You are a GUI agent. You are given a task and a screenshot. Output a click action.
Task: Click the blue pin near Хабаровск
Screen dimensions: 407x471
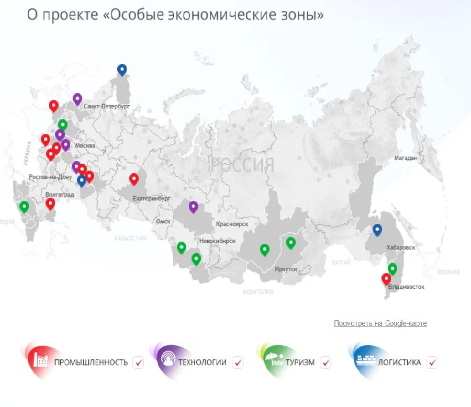[377, 230]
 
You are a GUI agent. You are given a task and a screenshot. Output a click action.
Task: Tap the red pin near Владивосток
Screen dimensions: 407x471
[386, 279]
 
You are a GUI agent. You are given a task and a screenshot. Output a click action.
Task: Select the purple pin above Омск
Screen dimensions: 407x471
[193, 206]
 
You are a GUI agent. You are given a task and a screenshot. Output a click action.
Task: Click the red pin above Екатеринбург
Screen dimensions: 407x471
[134, 179]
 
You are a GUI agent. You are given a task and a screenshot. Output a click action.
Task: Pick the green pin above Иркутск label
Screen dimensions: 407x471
[290, 243]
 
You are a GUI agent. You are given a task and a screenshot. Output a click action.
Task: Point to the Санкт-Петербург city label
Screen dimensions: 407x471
[106, 106]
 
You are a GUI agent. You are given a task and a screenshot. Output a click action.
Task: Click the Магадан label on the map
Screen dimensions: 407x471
[406, 157]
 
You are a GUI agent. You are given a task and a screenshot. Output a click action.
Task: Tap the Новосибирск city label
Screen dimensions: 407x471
[217, 241]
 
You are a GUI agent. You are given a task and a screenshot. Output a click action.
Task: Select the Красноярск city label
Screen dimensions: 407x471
[232, 224]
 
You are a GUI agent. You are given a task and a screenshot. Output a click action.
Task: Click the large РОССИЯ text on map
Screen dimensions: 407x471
[242, 165]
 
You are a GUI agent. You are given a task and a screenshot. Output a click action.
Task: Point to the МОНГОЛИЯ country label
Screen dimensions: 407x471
[258, 292]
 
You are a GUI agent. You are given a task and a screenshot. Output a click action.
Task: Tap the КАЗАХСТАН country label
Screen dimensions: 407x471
[130, 238]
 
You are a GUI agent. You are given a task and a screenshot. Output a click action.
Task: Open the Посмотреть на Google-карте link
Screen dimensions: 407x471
[380, 323]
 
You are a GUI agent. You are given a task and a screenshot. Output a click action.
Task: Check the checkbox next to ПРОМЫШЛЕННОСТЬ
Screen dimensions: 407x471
[138, 362]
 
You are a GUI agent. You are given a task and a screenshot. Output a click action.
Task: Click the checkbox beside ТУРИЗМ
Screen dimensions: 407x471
[326, 362]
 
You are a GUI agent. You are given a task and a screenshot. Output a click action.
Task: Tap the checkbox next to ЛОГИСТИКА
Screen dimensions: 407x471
[432, 362]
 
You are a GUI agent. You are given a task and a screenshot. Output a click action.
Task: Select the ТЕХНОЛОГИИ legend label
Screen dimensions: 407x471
[202, 362]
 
